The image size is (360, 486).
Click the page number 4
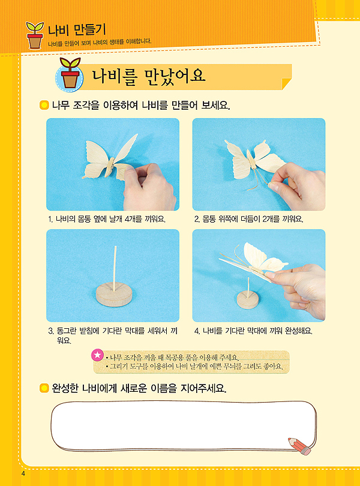click(23, 473)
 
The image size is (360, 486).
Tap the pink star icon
click(97, 355)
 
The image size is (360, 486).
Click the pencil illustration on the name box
click(299, 446)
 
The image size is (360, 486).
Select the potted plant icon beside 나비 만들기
click(35, 35)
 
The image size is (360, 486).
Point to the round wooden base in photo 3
click(114, 296)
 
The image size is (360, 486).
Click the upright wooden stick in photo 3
click(115, 269)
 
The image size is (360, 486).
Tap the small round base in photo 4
click(248, 301)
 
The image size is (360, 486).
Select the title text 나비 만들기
click(77, 30)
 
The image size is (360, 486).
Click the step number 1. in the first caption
click(50, 220)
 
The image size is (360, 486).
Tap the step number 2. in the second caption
click(197, 220)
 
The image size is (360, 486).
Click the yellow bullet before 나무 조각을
click(44, 106)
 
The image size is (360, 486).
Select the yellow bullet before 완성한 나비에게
click(44, 388)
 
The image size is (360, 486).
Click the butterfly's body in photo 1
click(109, 167)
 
